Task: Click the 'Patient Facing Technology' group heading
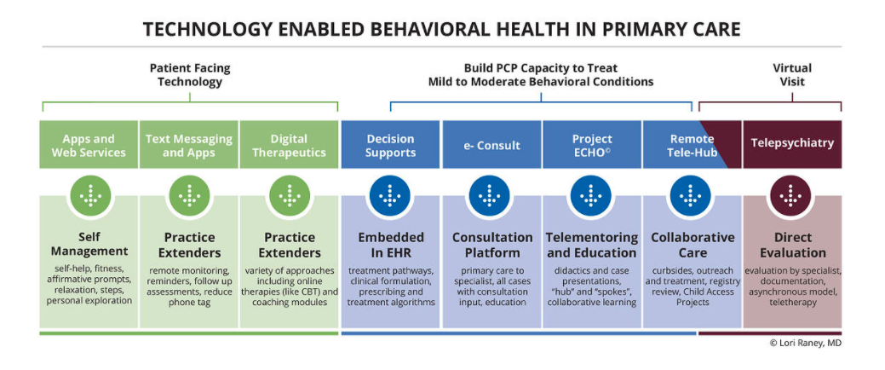point(190,75)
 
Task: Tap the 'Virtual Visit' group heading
point(791,75)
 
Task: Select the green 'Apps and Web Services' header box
point(89,145)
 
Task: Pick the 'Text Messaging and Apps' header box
point(189,145)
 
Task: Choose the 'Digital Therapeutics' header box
point(289,145)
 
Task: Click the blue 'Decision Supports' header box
point(390,145)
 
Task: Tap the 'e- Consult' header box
point(491,145)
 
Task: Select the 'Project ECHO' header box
point(591,145)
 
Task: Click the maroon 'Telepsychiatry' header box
point(791,144)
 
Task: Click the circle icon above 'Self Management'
point(89,196)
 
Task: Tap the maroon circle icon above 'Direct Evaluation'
point(791,196)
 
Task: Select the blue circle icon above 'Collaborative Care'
point(691,196)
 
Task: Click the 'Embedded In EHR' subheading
point(390,245)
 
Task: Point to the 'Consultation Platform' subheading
point(491,245)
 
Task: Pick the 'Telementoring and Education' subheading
point(591,245)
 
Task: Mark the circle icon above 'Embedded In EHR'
point(390,196)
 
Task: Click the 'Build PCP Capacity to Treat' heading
point(541,68)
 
